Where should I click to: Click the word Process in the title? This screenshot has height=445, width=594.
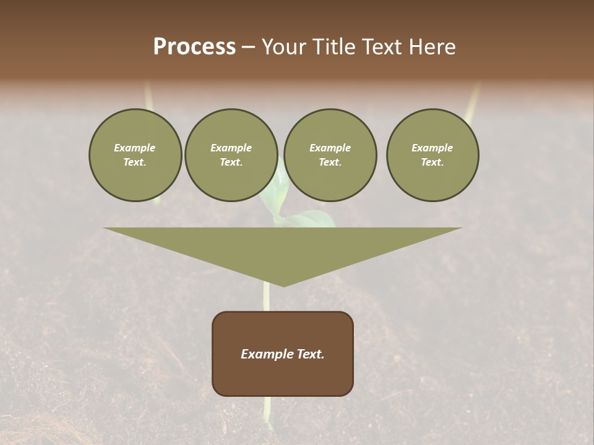pos(194,47)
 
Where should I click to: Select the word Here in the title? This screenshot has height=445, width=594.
pos(433,47)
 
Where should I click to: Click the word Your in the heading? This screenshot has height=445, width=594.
pos(283,47)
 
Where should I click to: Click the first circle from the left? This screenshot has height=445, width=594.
pos(135,179)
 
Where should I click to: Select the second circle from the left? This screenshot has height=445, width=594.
pos(231,182)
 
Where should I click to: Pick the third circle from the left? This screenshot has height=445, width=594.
pos(330,182)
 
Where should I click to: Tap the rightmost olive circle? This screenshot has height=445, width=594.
pos(433,182)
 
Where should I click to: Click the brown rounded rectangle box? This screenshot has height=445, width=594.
pos(283,377)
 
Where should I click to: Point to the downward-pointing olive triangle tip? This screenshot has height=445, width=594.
pos(283,283)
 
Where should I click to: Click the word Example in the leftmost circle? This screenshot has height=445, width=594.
pos(135,148)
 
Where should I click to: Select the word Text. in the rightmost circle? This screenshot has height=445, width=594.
pos(433,163)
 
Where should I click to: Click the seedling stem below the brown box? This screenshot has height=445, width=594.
pos(267,411)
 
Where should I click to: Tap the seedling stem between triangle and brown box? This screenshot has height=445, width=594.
pos(266,299)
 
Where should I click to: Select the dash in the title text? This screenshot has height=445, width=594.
pos(249,47)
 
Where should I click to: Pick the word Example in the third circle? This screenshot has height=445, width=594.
pos(330,148)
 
